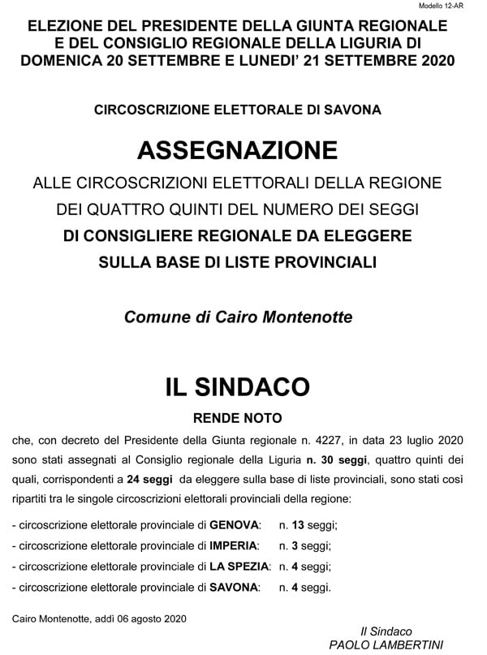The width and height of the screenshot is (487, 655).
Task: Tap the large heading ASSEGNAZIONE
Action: [238, 150]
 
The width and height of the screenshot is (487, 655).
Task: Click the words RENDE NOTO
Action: [238, 420]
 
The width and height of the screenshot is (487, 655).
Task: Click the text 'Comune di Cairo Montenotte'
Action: [238, 317]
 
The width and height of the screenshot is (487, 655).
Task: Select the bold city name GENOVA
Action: [235, 525]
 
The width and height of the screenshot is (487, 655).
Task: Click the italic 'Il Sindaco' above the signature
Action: [386, 631]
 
